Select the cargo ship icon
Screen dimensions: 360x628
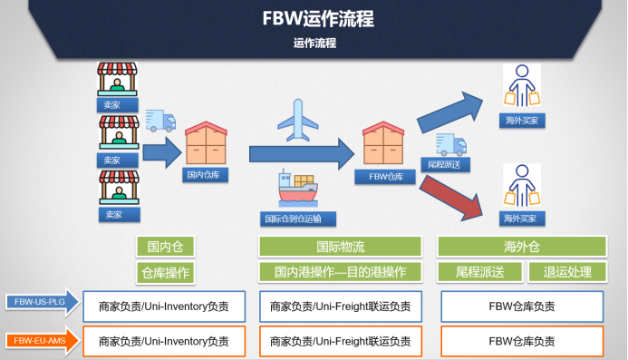coord(296,189)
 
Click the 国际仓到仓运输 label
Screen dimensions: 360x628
coord(298,219)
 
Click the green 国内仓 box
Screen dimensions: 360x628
coord(165,247)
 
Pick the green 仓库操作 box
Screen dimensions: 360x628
coord(165,271)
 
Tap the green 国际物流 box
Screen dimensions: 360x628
coord(341,247)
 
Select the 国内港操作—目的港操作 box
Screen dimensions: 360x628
coord(341,271)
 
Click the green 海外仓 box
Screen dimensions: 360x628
coord(521,247)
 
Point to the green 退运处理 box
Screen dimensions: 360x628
coord(567,271)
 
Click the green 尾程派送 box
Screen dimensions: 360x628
coord(480,271)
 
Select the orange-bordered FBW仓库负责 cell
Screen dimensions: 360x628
coord(522,341)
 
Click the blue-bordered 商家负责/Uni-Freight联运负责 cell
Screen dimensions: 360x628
coord(341,306)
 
